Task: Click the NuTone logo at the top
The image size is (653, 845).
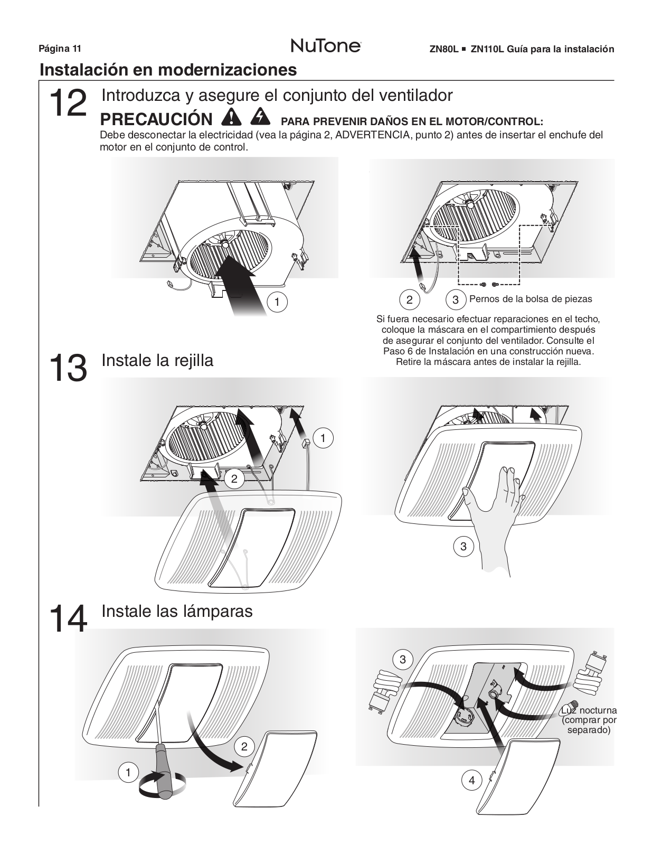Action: tap(326, 46)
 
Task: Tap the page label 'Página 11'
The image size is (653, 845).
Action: tap(60, 49)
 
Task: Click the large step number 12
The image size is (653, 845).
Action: tap(68, 104)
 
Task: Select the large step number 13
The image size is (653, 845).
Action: tap(68, 368)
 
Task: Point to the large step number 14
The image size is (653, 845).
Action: tap(68, 618)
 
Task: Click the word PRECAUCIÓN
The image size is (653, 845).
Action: tap(156, 119)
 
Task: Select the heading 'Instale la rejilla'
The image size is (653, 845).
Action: tap(157, 360)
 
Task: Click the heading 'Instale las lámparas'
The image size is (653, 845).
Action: tap(177, 611)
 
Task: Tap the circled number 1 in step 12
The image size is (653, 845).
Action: tap(277, 302)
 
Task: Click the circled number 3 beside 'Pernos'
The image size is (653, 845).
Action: tap(456, 300)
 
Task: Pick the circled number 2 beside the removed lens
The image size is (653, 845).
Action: tap(244, 746)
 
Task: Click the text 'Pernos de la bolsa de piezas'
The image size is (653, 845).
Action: tap(531, 299)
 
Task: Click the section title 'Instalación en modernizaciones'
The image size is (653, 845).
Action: tap(168, 70)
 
